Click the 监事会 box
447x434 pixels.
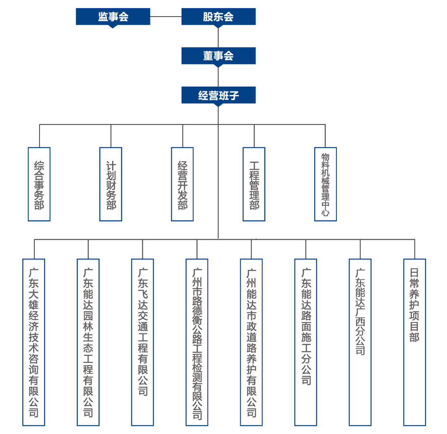tap(113, 17)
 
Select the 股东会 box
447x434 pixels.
tap(218, 17)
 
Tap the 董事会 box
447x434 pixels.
tap(218, 56)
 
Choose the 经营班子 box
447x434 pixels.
tap(218, 95)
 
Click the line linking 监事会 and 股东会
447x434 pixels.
tap(166, 17)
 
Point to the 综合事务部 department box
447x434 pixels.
tap(39, 184)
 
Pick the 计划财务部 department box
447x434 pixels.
tap(111, 184)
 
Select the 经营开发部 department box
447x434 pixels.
tap(182, 184)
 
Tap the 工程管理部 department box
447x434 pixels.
tap(254, 184)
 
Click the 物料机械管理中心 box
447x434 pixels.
tap(325, 184)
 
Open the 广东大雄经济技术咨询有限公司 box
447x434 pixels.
tap(34, 342)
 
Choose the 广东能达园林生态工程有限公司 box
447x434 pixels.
tap(88, 342)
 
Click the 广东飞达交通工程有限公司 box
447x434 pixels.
tap(143, 342)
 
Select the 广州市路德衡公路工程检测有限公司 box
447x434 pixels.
tap(197, 342)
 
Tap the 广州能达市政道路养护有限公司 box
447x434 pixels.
tap(251, 342)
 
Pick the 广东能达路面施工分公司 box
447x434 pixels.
tap(306, 342)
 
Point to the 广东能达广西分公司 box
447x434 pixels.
tap(360, 342)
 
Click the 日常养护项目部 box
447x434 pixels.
tap(415, 342)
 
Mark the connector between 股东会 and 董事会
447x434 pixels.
tap(218, 38)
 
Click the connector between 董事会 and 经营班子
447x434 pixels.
tap(218, 77)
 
